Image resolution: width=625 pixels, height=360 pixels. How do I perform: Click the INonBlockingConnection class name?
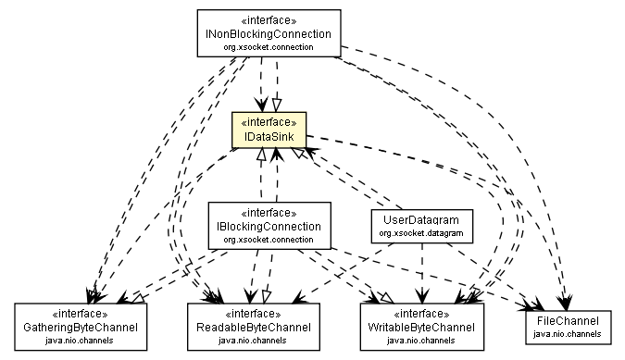point(269,33)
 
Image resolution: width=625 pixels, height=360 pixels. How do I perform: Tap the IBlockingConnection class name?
point(269,226)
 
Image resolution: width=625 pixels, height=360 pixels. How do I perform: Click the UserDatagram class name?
point(421,221)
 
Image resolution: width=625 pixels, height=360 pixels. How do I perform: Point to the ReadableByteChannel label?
point(253,328)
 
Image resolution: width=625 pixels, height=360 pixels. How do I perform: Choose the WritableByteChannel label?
point(421,328)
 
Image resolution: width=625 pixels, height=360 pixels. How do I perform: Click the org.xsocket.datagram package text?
point(421,234)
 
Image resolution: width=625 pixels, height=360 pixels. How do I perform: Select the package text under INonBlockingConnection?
point(269,46)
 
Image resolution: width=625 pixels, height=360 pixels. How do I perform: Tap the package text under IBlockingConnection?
point(269,239)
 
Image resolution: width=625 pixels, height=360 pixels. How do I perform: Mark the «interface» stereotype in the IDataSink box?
point(269,121)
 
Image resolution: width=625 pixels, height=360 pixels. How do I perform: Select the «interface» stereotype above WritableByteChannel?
point(421,315)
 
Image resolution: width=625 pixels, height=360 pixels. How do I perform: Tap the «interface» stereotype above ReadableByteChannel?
point(253,315)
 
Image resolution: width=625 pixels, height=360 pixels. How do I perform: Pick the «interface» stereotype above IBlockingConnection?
point(269,213)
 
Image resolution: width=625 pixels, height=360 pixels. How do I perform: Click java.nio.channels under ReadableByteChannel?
point(253,341)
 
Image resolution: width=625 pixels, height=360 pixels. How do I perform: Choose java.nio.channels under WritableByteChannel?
point(421,341)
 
